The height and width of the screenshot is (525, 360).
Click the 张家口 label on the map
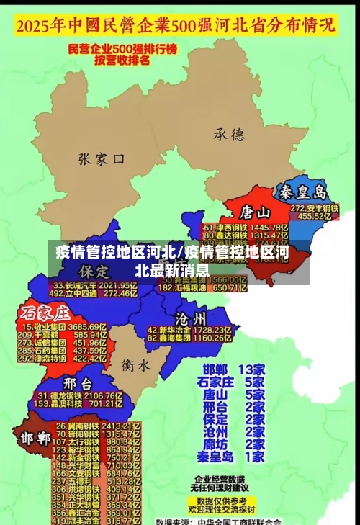point(102,158)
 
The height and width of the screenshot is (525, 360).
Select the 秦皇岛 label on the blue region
point(303,192)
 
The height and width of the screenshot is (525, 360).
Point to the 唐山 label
point(255,212)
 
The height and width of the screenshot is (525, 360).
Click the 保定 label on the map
point(95,271)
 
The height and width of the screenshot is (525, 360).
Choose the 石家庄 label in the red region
point(45,313)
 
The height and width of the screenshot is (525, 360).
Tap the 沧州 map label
point(191,318)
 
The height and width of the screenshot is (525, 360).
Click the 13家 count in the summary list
point(251,369)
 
